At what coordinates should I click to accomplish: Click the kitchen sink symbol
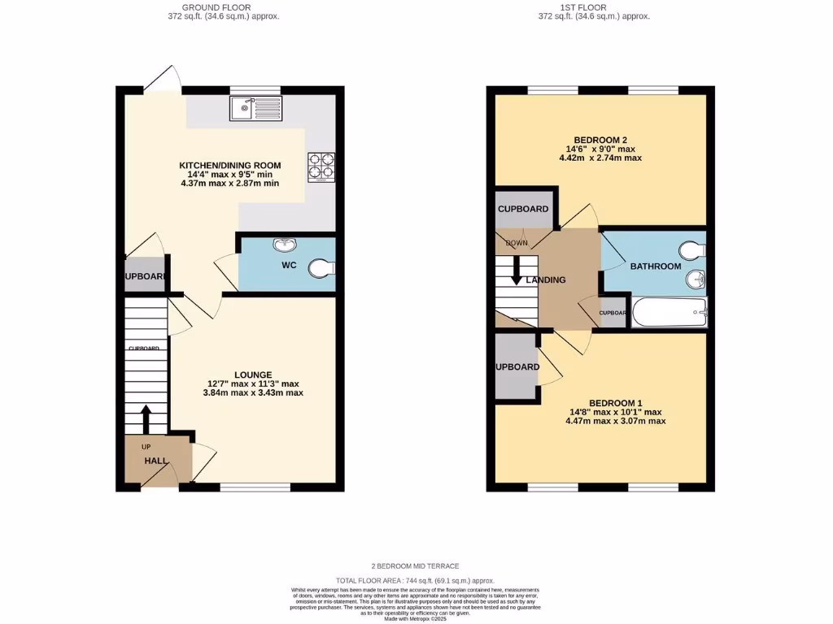pyautogui.click(x=255, y=108)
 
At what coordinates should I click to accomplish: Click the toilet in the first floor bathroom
pyautogui.click(x=692, y=250)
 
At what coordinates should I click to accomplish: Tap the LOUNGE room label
pyautogui.click(x=254, y=375)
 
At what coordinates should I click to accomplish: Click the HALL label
pyautogui.click(x=155, y=461)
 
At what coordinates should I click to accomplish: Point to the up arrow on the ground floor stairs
pyautogui.click(x=146, y=418)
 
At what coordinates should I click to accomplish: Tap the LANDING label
pyautogui.click(x=546, y=280)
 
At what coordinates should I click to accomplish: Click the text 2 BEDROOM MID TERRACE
pyautogui.click(x=416, y=565)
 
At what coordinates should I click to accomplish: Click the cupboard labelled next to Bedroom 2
pyautogui.click(x=523, y=209)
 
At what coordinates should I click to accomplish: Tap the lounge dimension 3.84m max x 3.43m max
pyautogui.click(x=254, y=392)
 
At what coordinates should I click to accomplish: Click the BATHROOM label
pyautogui.click(x=655, y=266)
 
